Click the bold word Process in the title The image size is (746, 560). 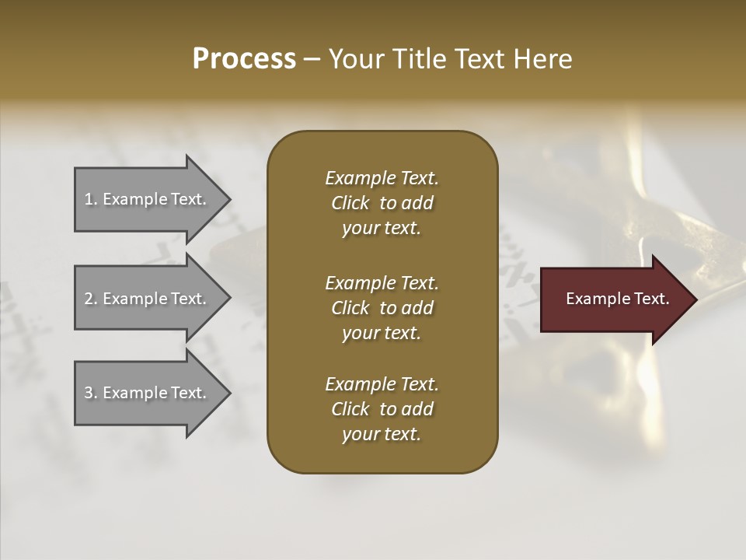pos(244,59)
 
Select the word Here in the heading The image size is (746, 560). pos(542,59)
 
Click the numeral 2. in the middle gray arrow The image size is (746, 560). pos(91,299)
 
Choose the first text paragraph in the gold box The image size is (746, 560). pos(382,203)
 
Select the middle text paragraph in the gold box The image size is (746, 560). pos(382,308)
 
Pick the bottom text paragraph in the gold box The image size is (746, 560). pos(382,409)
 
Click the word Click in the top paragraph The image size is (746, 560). pos(350,203)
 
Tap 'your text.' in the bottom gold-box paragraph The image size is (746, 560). pos(382,434)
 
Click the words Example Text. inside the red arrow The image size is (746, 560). pos(618,299)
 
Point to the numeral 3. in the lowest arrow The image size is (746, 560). pos(91,393)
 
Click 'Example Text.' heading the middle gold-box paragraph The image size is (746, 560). pos(382,283)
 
